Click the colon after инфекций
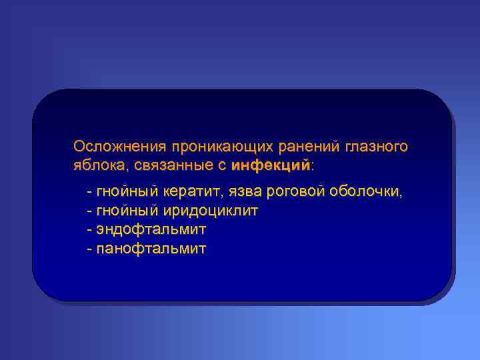pyautogui.click(x=313, y=165)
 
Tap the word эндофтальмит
pyautogui.click(x=151, y=229)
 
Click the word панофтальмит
pyautogui.click(x=151, y=249)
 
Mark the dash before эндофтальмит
pyautogui.click(x=89, y=230)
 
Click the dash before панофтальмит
pyautogui.click(x=89, y=249)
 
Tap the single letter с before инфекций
pyautogui.click(x=221, y=165)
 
